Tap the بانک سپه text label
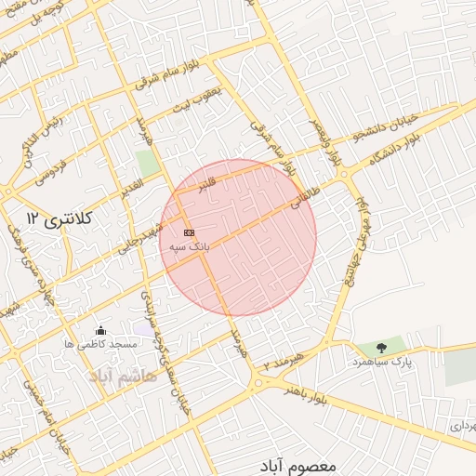(189, 248)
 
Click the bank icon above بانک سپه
(190, 232)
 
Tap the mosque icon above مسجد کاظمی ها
(100, 330)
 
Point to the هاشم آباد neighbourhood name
(124, 376)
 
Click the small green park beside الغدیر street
(147, 162)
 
